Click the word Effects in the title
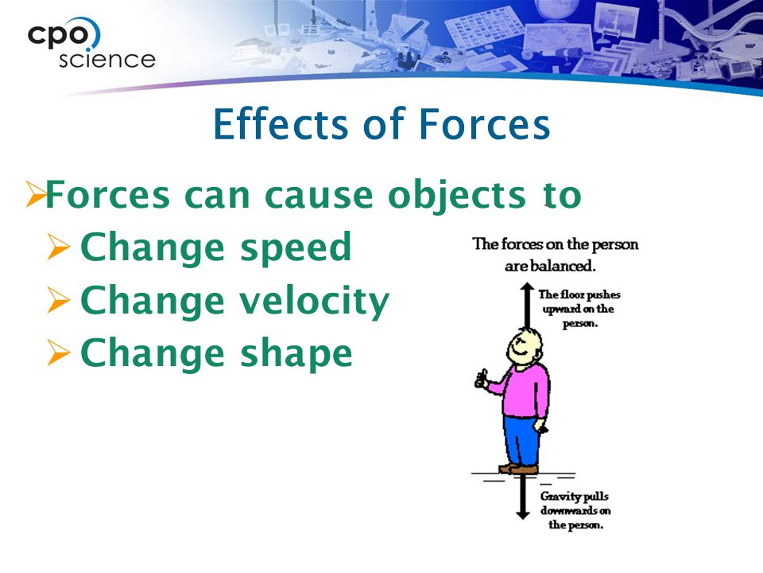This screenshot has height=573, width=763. (281, 124)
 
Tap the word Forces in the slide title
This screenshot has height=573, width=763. (484, 124)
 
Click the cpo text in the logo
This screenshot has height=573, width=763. (59, 35)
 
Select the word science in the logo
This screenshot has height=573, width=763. (107, 59)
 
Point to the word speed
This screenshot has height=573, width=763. (296, 248)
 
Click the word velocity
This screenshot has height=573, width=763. (315, 301)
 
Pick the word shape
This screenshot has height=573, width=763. (296, 354)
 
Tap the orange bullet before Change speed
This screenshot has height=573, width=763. (59, 247)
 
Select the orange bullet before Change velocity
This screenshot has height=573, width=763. (59, 300)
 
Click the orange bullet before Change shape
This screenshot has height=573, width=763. (59, 353)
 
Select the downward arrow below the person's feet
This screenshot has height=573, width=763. (523, 497)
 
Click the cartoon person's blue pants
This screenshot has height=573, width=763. (521, 440)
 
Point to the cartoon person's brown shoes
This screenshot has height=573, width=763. (519, 469)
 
